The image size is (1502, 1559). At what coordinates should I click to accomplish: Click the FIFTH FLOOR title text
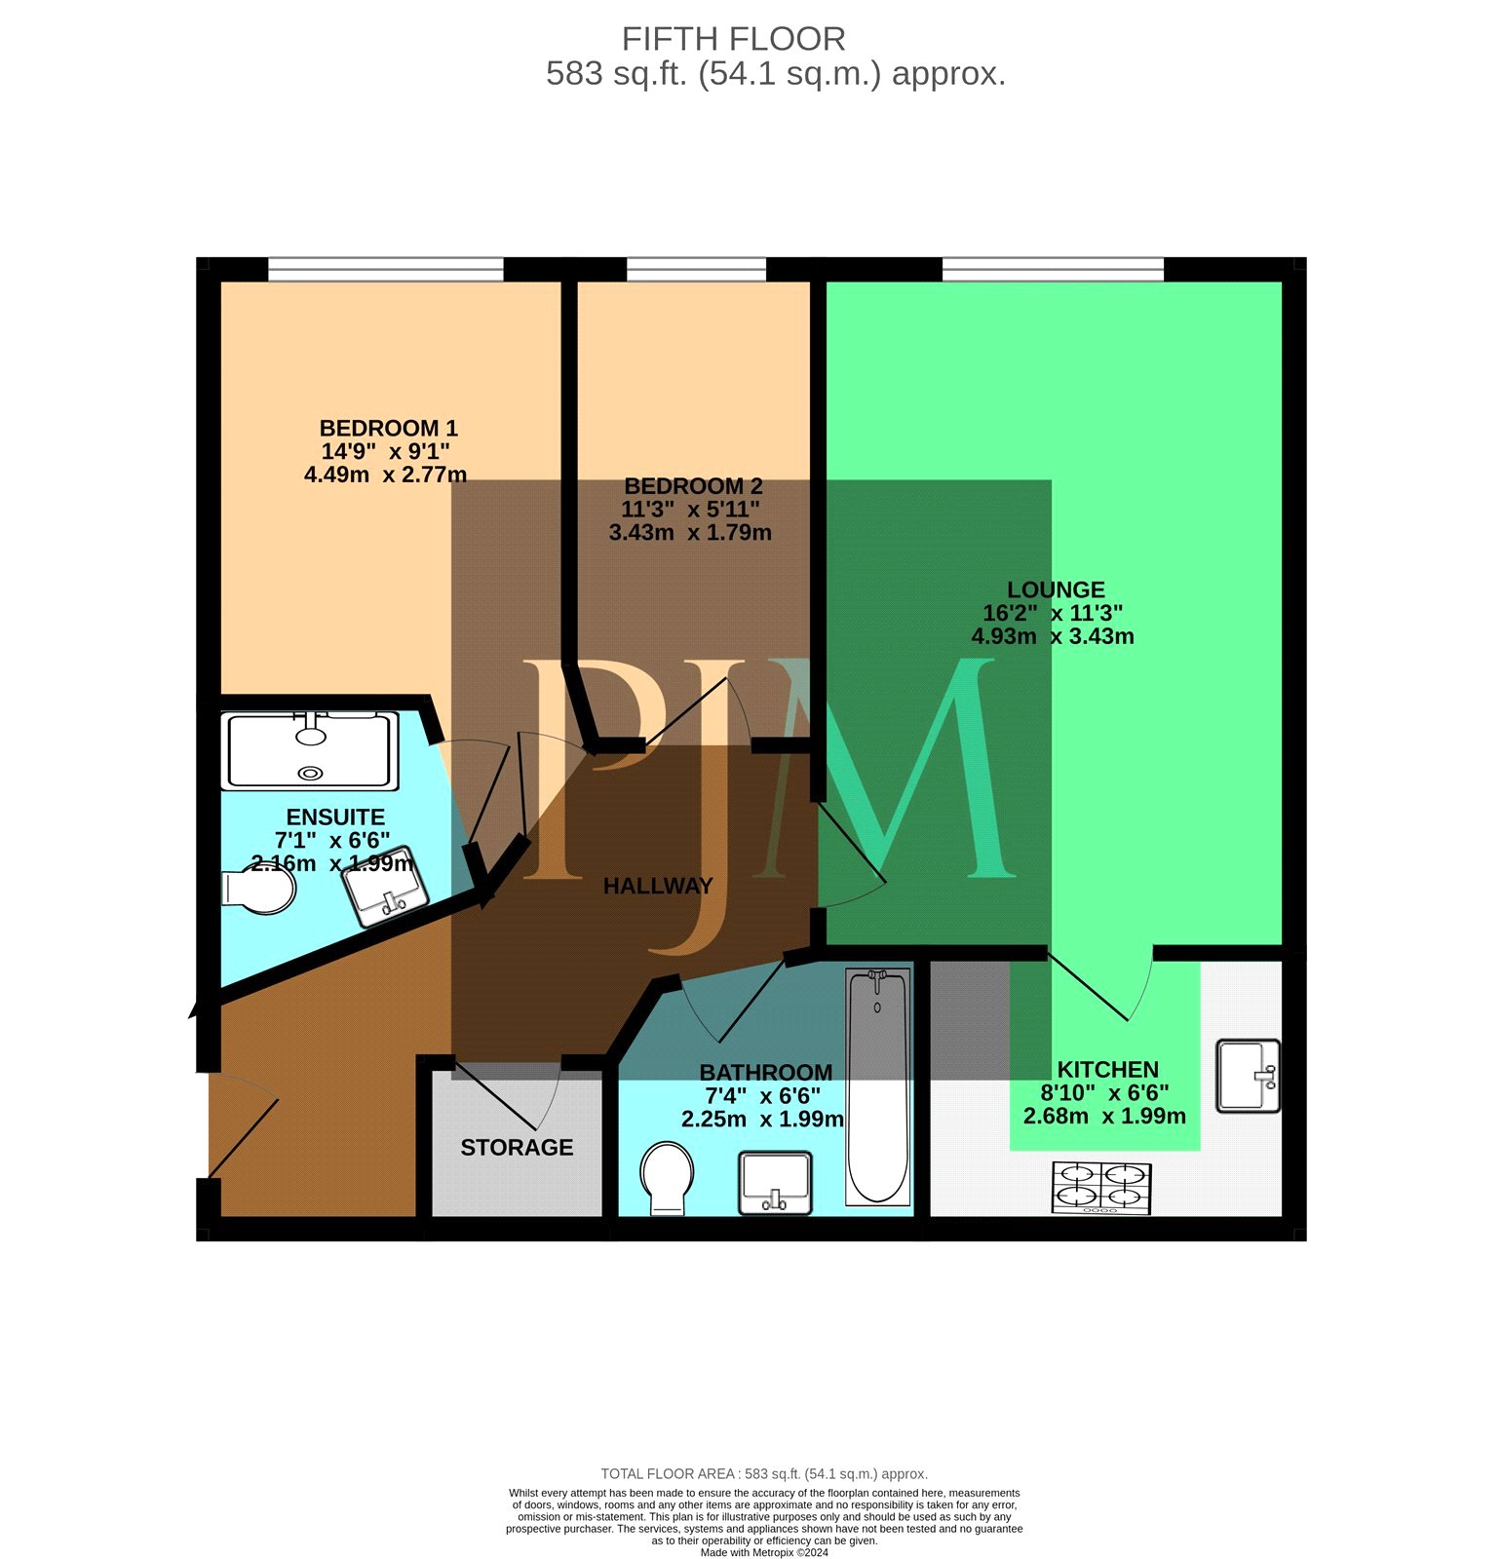click(x=733, y=39)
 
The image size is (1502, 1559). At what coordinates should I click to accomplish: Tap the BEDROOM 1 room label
click(x=388, y=428)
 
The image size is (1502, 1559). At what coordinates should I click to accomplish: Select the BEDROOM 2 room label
click(x=693, y=485)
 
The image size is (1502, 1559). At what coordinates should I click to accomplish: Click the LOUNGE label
click(x=1056, y=589)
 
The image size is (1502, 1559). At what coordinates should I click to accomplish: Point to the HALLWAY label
click(x=658, y=886)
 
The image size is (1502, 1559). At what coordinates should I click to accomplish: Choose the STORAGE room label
click(x=517, y=1148)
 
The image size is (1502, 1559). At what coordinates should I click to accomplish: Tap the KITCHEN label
click(x=1108, y=1069)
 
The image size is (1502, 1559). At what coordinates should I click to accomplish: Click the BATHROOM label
click(x=766, y=1073)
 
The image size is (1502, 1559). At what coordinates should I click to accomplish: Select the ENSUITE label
click(x=335, y=817)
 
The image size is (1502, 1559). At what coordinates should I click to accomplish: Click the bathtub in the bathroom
click(x=877, y=1087)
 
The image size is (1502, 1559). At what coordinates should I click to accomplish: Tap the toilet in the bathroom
click(x=668, y=1178)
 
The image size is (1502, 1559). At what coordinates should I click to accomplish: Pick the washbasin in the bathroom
click(x=775, y=1183)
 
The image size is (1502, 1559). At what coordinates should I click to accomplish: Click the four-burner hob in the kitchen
click(x=1101, y=1188)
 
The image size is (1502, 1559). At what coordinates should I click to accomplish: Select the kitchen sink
click(x=1249, y=1076)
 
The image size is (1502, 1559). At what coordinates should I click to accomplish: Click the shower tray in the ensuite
click(x=311, y=750)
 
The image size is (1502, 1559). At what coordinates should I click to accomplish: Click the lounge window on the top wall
click(x=1053, y=269)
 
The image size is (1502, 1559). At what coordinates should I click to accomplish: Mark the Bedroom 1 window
click(x=386, y=269)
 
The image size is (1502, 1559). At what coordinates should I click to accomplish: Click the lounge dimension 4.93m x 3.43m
click(x=1053, y=636)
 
